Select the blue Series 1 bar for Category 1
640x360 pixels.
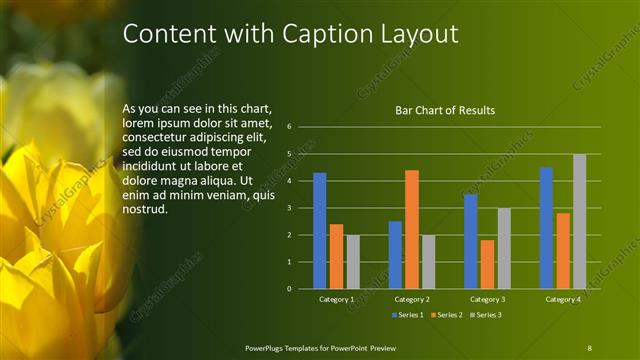click(319, 231)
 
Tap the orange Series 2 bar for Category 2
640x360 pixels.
click(411, 229)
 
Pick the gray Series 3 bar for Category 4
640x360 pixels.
click(579, 221)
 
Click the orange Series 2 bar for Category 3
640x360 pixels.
click(487, 264)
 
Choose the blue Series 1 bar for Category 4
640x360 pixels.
click(546, 228)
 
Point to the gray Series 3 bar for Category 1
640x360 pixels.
click(353, 262)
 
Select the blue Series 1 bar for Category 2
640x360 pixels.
click(395, 255)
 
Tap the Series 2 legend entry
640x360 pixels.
click(446, 315)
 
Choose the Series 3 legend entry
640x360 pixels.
click(485, 315)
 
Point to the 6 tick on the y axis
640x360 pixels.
click(288, 127)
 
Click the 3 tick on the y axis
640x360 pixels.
click(288, 208)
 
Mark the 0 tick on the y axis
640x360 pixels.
click(288, 289)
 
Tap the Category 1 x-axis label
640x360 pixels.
click(336, 299)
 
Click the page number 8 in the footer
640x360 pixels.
click(590, 347)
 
